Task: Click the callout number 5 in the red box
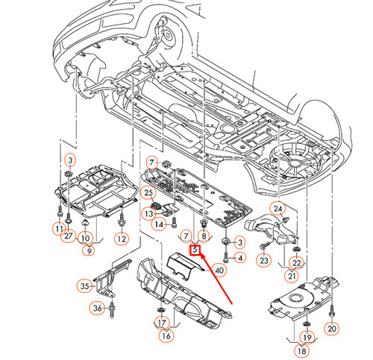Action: coord(196,250)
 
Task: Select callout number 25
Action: coord(148,192)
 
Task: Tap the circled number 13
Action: coord(148,213)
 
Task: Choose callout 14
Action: coord(159,224)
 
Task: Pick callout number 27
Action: coord(68,236)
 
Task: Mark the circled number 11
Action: coord(58,227)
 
